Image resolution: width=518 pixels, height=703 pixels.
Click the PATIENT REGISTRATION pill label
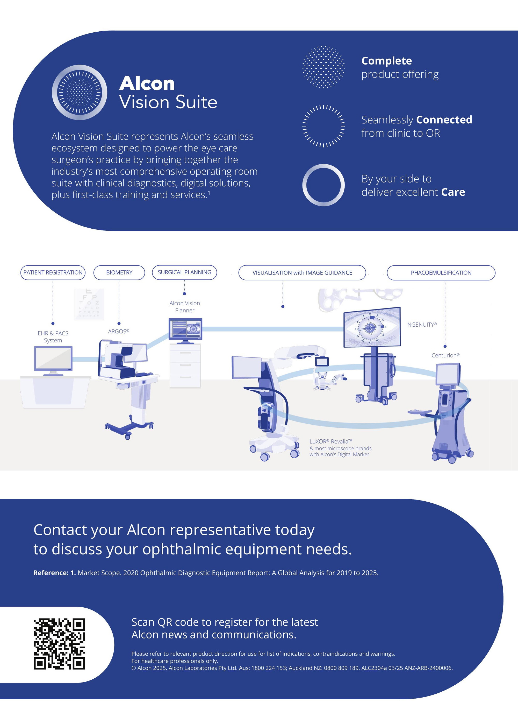point(53,272)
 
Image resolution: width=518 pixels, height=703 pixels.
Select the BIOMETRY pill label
point(119,272)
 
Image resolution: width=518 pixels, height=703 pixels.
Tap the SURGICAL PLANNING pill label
point(184,272)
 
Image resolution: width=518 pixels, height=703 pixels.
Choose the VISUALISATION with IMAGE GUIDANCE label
point(302,272)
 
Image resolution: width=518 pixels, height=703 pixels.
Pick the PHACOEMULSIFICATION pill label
point(441,272)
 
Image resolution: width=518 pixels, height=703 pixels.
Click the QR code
point(59,644)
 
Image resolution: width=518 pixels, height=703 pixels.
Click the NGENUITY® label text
point(422,325)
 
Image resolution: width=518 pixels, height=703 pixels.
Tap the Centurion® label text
point(445,355)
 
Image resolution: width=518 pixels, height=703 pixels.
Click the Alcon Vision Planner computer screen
point(185,329)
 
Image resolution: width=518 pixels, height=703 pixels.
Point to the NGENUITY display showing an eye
point(372,327)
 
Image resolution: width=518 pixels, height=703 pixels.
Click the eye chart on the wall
point(89,304)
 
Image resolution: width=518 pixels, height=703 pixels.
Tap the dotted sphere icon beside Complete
point(323,67)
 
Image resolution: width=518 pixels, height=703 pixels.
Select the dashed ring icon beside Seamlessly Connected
point(323,126)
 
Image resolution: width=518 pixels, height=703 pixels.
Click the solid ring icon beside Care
point(323,185)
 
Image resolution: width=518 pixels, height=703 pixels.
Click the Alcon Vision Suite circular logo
point(79,92)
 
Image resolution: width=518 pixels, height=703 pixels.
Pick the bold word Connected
point(444,119)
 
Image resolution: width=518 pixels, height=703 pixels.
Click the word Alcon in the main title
point(147,83)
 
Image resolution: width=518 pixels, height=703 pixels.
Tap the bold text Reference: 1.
point(55,573)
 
